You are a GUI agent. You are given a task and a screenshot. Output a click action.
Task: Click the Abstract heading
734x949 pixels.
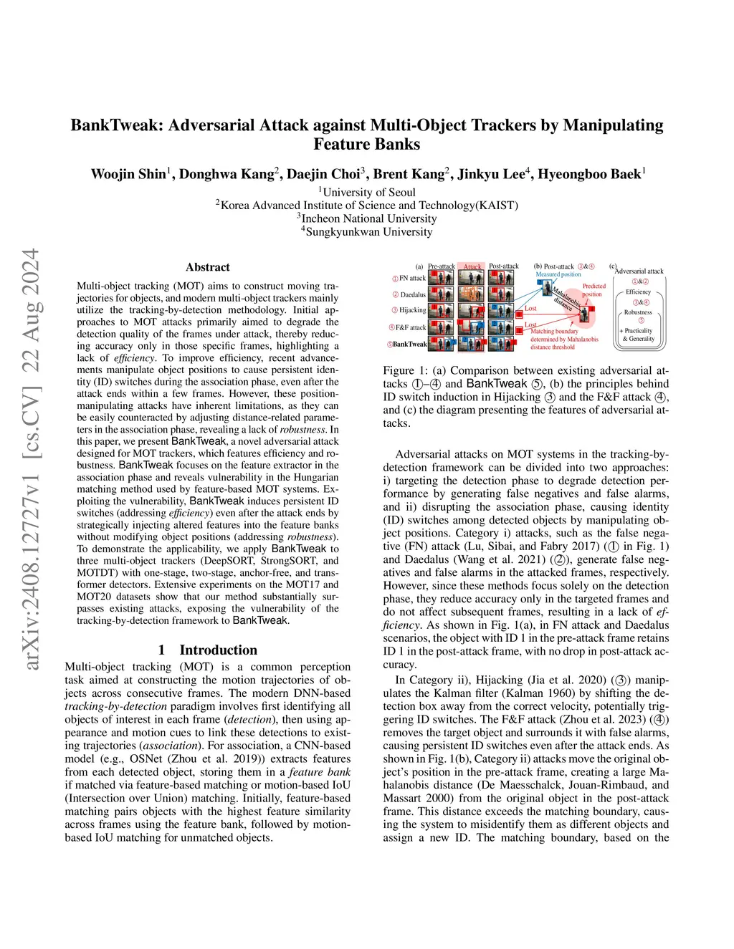[x=208, y=267]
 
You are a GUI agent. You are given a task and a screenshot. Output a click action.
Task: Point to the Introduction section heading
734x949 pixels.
[x=218, y=650]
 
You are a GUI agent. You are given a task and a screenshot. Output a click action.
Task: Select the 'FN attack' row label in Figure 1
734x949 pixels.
[x=412, y=278]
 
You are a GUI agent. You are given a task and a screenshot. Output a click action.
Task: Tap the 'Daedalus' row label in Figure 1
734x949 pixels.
[x=413, y=294]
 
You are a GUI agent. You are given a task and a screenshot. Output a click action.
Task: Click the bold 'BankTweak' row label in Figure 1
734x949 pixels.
[x=409, y=344]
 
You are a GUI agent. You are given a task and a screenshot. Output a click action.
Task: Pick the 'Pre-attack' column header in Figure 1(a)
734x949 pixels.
[x=441, y=266]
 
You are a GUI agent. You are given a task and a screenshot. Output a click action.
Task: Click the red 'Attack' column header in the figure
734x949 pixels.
[x=472, y=266]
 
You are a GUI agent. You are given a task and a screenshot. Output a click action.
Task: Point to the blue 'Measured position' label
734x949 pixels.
[x=558, y=274]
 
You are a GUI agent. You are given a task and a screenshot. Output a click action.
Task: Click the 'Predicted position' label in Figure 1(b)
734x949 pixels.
[x=594, y=290]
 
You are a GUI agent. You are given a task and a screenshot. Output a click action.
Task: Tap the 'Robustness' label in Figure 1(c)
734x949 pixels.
[x=638, y=312]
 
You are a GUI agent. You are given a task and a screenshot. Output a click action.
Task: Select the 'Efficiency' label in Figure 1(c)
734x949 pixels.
[x=638, y=292]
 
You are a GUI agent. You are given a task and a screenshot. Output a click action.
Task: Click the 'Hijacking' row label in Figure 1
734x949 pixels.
[x=412, y=310]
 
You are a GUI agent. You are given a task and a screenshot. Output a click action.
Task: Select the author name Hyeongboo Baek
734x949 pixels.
[x=590, y=174]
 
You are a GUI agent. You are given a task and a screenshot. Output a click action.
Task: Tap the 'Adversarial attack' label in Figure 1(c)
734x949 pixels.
[x=639, y=271]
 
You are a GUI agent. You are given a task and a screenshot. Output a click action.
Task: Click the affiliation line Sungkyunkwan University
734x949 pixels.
[x=368, y=232]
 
